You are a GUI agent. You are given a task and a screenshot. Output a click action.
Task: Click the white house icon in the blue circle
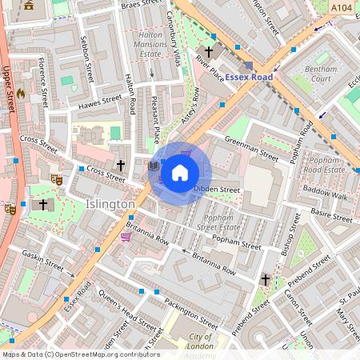point(180,173)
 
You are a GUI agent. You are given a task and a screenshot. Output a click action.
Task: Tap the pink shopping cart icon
point(126,237)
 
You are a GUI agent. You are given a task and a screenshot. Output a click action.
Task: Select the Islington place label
point(110,205)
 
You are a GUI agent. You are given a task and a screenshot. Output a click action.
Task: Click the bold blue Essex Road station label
point(248,78)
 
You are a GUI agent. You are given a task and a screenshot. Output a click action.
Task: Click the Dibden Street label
point(217,190)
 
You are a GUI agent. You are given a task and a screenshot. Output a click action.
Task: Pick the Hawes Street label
point(100,103)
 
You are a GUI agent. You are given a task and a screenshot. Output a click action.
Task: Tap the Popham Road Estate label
point(324,165)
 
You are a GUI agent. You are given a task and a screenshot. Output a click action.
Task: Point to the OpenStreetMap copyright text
point(81,354)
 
